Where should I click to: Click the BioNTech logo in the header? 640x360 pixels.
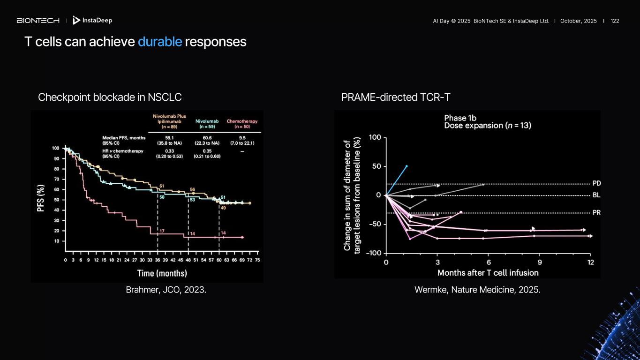[x=38, y=21]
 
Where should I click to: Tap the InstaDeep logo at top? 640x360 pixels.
[x=93, y=21]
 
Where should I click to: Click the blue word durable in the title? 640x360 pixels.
[x=159, y=42]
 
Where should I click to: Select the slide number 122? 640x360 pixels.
[x=615, y=21]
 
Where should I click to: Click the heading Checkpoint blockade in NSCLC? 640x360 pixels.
[x=110, y=97]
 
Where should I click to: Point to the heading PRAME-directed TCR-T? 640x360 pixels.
[x=396, y=97]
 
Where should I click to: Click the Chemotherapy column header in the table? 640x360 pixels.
[x=242, y=124]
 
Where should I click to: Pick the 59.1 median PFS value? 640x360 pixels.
[x=169, y=138]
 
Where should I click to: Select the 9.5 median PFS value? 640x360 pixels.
[x=242, y=138]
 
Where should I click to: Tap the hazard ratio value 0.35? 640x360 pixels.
[x=207, y=150]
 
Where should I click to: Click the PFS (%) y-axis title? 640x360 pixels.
[x=41, y=199]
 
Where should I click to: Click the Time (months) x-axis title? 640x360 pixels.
[x=162, y=273]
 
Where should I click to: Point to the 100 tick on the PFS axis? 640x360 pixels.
[x=56, y=148]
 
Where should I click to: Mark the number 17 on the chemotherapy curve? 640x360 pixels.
[x=162, y=231]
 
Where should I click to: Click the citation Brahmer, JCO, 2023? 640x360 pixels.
[x=166, y=290]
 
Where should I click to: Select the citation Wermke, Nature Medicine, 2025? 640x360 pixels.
[x=477, y=290]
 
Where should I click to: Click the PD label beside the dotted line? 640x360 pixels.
[x=596, y=183]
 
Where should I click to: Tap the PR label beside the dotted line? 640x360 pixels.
[x=596, y=213]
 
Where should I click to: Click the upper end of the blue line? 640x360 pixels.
[x=407, y=166]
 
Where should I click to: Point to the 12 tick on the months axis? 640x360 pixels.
[x=590, y=262]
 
